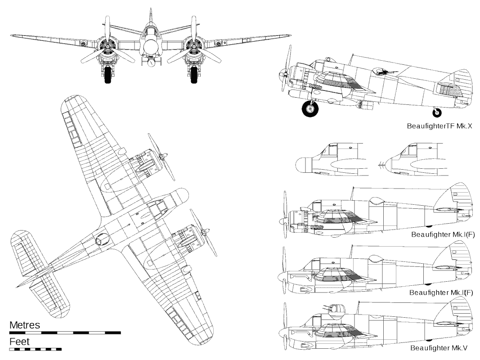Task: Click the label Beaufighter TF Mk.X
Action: [439, 126]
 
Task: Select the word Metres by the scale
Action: [25, 325]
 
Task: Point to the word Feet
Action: [19, 342]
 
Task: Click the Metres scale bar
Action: [65, 333]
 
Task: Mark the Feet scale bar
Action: [35, 349]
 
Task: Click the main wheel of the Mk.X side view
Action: [309, 109]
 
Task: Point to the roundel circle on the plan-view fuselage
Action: [102, 240]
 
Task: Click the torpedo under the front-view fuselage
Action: [150, 63]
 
